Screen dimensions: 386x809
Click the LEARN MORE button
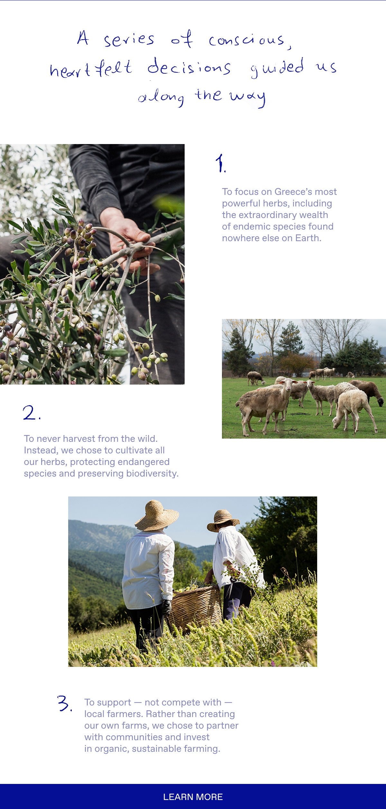tap(193, 796)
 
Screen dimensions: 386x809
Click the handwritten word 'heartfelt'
tap(91, 68)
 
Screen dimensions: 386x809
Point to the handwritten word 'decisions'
tap(189, 67)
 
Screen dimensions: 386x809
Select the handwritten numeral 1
tap(221, 163)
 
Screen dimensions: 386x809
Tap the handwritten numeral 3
tap(64, 703)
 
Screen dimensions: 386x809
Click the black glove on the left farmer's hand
tap(166, 607)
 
